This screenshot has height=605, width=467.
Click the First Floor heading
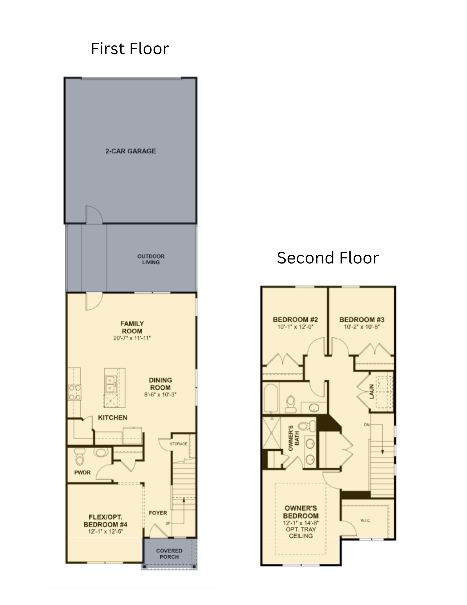[x=130, y=49]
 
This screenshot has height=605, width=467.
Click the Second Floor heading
[x=327, y=258]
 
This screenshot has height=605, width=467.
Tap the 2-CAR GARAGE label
[x=131, y=151]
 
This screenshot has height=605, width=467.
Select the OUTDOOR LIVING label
[x=151, y=259]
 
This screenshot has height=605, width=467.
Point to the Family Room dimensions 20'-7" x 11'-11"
[x=132, y=338]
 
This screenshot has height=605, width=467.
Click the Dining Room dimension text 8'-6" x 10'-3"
[x=160, y=394]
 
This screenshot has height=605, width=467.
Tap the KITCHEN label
[x=112, y=417]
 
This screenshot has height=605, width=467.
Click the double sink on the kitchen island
[x=110, y=384]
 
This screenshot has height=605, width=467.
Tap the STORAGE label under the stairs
[x=178, y=444]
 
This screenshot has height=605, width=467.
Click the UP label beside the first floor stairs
[x=168, y=523]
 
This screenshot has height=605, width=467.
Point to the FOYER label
[x=158, y=513]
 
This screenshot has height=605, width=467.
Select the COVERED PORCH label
[x=169, y=554]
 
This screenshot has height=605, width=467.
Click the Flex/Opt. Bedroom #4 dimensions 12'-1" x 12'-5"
[x=105, y=531]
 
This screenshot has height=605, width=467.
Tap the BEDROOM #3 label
[x=362, y=319]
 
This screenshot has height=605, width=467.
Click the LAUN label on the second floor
[x=372, y=391]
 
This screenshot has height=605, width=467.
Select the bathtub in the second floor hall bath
[x=271, y=398]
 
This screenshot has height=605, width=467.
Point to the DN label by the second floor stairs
[x=367, y=425]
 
